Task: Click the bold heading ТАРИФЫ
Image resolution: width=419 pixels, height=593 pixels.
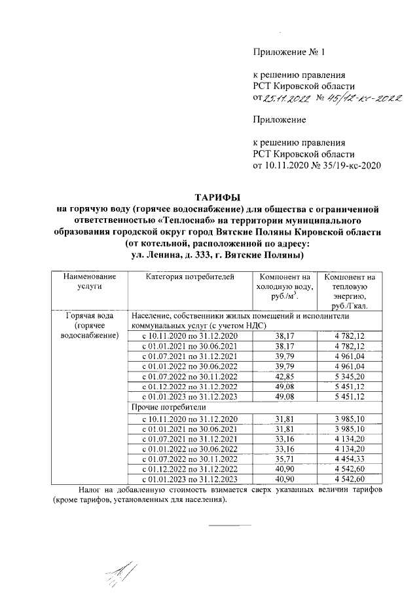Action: pyautogui.click(x=217, y=197)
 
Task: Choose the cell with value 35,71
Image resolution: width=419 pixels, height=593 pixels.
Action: pyautogui.click(x=283, y=459)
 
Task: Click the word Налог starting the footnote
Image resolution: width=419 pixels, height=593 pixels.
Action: pyautogui.click(x=89, y=489)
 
